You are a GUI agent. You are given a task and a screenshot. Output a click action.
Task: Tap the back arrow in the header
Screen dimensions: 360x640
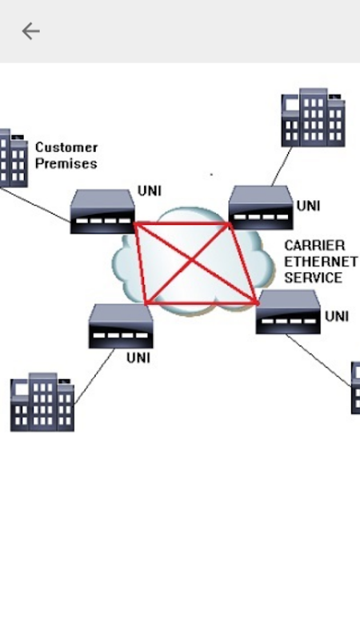[x=30, y=31]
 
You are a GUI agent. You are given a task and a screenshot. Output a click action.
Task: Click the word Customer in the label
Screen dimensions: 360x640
[x=66, y=147]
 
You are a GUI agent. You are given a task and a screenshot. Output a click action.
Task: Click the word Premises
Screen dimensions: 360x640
[x=66, y=164]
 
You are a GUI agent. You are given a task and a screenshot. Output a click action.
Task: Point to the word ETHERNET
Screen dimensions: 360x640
[x=321, y=262]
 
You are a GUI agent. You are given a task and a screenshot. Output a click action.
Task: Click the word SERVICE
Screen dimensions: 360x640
[x=313, y=278]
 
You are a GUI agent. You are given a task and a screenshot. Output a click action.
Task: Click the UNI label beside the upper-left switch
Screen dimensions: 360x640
[x=150, y=191]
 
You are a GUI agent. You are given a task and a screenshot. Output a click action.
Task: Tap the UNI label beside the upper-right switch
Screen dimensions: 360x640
[x=308, y=206]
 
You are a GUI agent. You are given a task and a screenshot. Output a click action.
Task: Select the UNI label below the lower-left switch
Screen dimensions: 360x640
[x=138, y=358]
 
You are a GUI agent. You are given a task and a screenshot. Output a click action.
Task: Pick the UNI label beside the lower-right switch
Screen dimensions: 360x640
[x=337, y=316]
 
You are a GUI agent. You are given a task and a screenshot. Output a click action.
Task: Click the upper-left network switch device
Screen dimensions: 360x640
[x=102, y=211]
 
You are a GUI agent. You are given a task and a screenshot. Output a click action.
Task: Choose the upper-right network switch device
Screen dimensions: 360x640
[x=261, y=207]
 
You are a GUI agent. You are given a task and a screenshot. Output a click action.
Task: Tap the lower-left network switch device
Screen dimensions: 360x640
[x=121, y=326]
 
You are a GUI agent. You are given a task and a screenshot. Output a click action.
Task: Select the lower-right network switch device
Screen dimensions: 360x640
[x=288, y=312]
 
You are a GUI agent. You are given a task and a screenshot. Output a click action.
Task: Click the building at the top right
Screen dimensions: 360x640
[x=313, y=118]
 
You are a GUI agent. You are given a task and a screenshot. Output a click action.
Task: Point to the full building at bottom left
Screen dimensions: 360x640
[x=42, y=402]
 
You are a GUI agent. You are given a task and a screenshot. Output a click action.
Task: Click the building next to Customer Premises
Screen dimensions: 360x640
[x=14, y=158]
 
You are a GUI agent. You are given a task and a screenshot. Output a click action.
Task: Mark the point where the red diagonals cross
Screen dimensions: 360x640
[x=191, y=259]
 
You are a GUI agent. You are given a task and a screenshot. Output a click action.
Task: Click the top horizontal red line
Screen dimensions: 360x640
[x=182, y=223]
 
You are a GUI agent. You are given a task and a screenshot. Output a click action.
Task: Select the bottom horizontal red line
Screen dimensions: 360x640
[x=202, y=303]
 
